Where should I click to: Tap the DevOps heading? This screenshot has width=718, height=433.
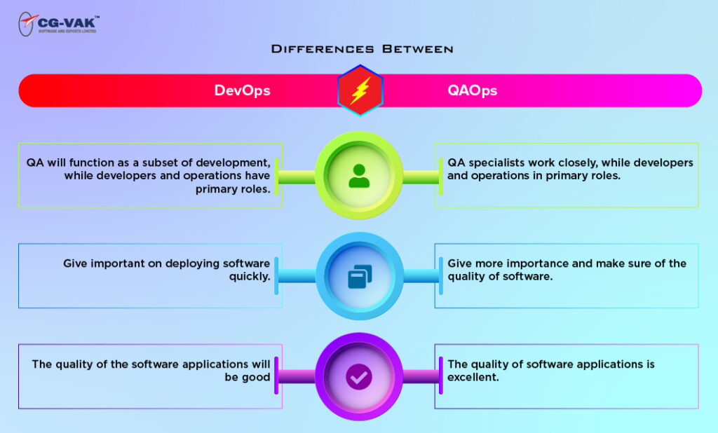(242, 90)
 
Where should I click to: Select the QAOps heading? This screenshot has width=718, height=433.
(473, 90)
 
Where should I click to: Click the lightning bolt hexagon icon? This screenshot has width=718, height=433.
(360, 90)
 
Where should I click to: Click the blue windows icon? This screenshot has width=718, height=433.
(359, 277)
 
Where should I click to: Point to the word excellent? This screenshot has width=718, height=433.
(474, 377)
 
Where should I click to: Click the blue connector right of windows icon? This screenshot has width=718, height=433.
(419, 276)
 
